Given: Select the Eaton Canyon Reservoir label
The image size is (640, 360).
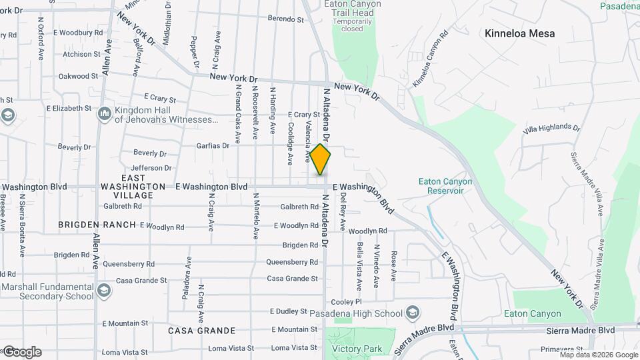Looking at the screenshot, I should click(445, 186).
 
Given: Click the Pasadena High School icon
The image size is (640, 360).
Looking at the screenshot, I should click(413, 313).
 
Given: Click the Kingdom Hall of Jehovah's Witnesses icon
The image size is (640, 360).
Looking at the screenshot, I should click(105, 115).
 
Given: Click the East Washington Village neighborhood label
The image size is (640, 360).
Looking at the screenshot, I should click(133, 187).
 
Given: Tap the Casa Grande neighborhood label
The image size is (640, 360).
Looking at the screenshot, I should click(201, 331).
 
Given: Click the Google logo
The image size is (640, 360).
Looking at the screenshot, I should click(21, 352).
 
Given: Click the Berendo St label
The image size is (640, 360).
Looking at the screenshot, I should click(285, 19).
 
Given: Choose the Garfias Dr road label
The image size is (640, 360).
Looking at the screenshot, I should click(213, 145).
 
